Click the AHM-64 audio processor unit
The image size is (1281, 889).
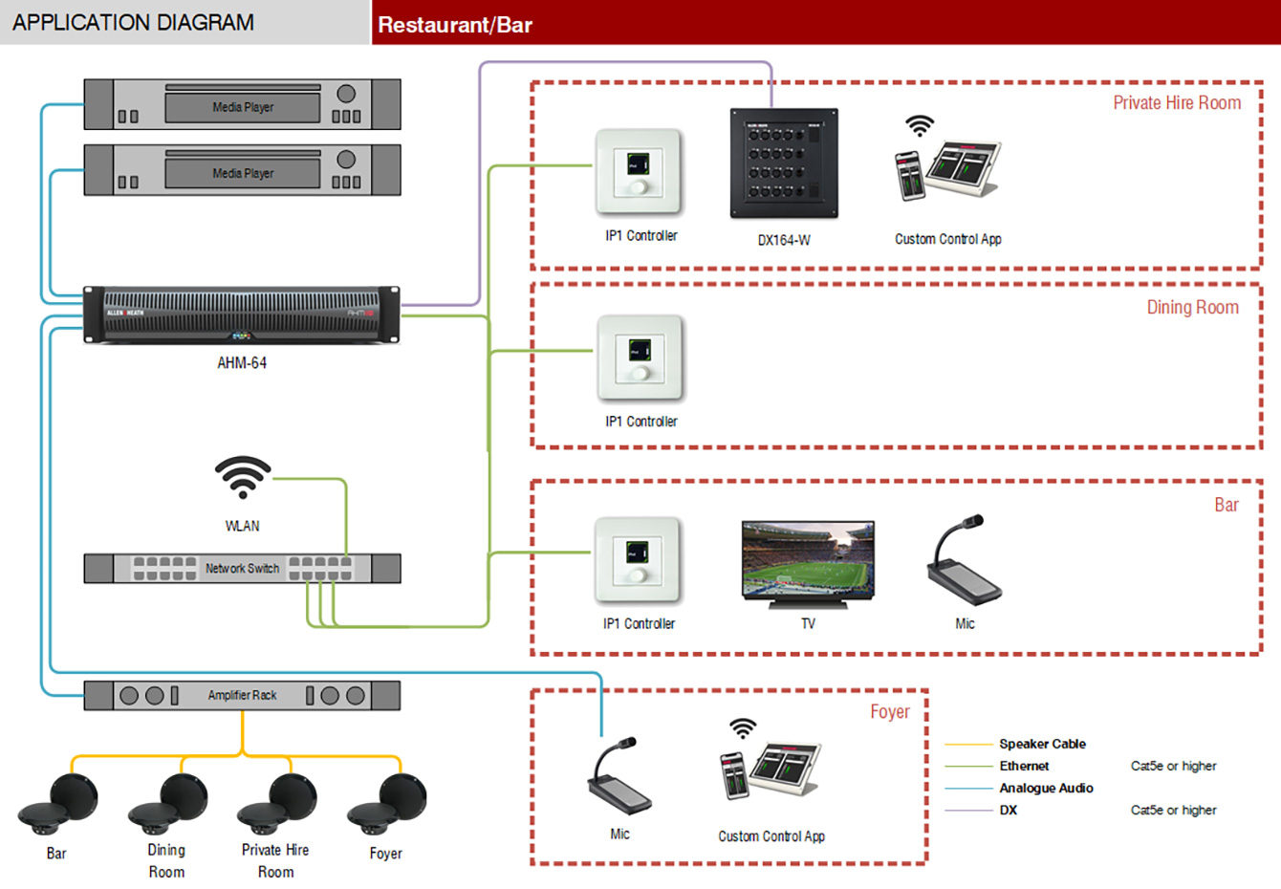pos(241,314)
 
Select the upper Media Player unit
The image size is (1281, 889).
pos(242,105)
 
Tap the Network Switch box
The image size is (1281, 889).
pos(242,568)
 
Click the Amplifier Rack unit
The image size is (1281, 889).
pos(242,695)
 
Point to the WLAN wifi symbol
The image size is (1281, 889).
pos(243,477)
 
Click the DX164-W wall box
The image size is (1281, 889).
pos(784,163)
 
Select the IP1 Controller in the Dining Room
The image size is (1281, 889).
pos(640,358)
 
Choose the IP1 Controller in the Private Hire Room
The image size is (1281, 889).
pos(640,172)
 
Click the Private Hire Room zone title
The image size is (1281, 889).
pos(1177,103)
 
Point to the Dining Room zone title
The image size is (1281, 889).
pos(1192,308)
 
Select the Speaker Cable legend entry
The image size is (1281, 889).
pos(1042,744)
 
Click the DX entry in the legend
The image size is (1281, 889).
pos(1008,810)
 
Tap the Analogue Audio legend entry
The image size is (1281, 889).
pos(1046,788)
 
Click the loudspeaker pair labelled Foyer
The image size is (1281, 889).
pos(388,804)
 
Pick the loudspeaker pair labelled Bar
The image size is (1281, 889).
pos(58,804)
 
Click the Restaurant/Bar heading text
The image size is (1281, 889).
pos(455,25)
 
